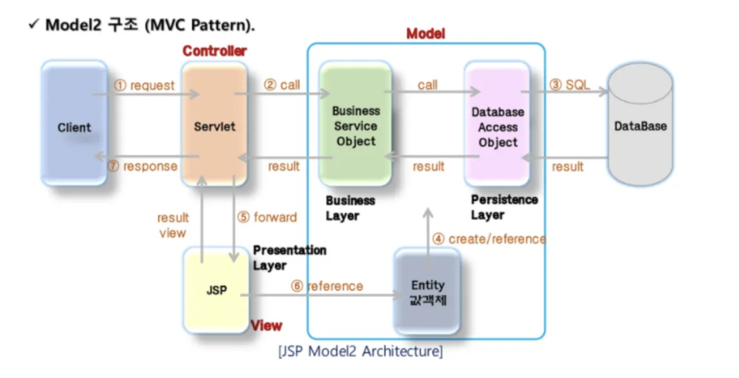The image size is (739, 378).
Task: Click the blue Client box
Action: pos(74,124)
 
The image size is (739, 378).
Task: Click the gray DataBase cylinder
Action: pos(640,125)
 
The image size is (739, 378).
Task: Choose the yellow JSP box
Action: pos(217,290)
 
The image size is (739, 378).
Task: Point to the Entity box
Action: pos(428,292)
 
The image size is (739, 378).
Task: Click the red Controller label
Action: pos(214,51)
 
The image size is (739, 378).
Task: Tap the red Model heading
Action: pos(425,34)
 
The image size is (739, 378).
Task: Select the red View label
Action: pos(266,326)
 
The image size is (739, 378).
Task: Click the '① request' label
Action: pos(144,85)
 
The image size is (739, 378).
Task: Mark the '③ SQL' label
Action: pos(569,85)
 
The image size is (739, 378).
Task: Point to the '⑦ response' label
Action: pos(142,166)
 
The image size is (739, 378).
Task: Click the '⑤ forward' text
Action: pos(267,217)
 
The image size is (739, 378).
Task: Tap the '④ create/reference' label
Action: pos(489,239)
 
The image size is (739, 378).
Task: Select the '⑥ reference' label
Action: pos(327,286)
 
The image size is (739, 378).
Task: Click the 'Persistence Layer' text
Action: pos(504,207)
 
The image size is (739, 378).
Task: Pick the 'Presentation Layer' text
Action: pos(289,258)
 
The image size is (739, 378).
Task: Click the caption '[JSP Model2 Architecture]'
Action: pos(361,351)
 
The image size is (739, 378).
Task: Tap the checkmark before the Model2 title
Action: pos(34,24)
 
